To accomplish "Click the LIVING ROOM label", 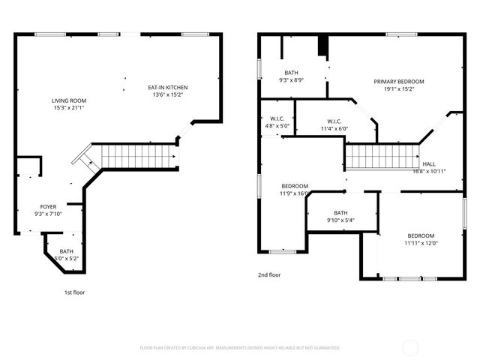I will [69, 100].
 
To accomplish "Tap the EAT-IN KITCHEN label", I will [167, 88].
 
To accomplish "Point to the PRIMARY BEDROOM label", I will [399, 81].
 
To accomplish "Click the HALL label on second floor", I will [429, 163].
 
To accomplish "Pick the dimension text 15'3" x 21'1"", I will [69, 108].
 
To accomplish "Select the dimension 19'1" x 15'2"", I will [399, 88].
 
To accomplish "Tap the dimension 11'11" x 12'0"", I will [421, 242].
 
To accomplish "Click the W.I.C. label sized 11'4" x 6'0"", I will [334, 121].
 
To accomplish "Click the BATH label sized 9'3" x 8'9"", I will [291, 72].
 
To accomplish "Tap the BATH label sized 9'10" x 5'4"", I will [340, 212].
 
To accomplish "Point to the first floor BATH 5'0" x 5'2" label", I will [67, 251].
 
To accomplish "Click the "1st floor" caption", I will [74, 292].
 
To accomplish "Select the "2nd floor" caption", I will [269, 275].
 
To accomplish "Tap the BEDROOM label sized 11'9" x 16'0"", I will [295, 186].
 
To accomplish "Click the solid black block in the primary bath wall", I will [323, 46].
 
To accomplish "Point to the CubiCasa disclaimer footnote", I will [240, 348].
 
